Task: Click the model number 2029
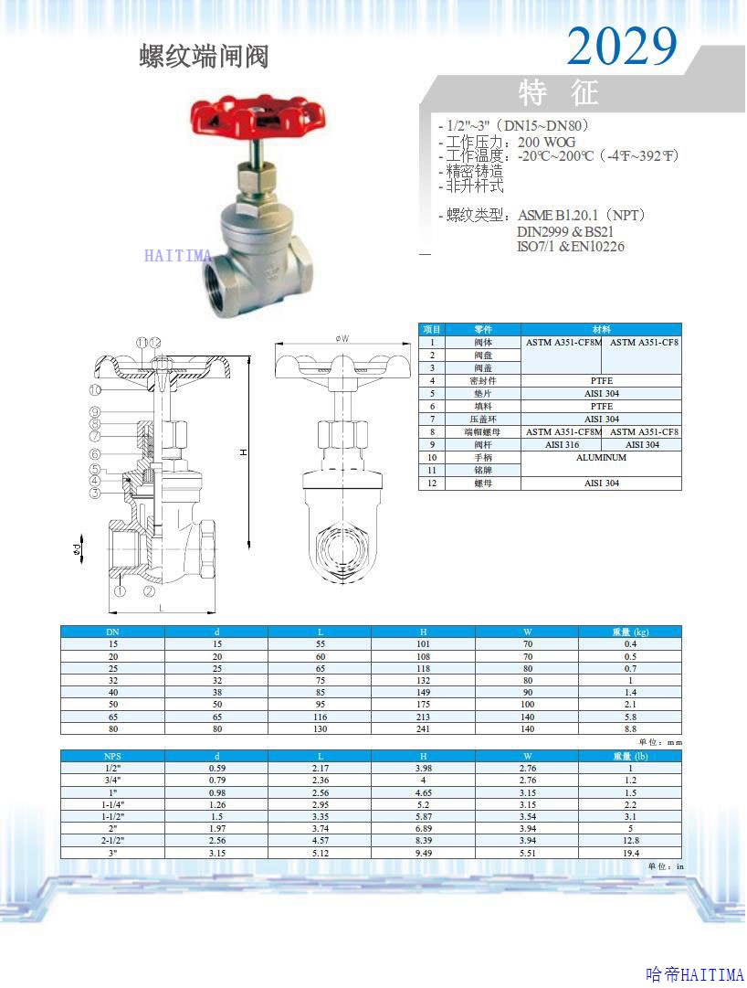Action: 622,46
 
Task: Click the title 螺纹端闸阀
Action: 204,57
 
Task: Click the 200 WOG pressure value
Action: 547,143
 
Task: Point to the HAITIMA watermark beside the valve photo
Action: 178,256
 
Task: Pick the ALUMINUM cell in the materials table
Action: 601,458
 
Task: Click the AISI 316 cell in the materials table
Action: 562,445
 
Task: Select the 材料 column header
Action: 601,329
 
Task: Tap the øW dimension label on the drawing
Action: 342,339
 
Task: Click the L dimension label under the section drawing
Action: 161,608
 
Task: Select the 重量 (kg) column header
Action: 630,632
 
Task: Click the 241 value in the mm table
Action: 424,728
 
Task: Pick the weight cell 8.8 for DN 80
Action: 630,728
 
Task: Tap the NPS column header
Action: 112,756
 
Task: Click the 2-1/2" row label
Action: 112,840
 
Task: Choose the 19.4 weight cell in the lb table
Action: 630,852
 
